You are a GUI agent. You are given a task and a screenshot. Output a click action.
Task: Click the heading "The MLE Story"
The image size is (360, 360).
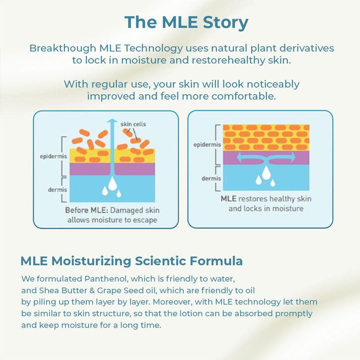(x=186, y=22)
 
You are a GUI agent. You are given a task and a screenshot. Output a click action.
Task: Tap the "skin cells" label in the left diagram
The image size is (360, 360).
(x=133, y=124)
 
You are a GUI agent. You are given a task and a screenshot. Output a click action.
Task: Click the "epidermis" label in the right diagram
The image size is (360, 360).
(x=206, y=146)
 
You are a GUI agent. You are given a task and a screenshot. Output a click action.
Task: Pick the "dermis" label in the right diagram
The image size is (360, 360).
(x=211, y=179)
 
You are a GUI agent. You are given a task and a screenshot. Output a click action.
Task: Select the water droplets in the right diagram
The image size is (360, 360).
(x=266, y=175)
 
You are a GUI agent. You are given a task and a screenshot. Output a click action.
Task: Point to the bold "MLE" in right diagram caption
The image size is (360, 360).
(x=229, y=199)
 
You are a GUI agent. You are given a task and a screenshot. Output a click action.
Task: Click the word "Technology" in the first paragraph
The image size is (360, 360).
(x=154, y=49)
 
